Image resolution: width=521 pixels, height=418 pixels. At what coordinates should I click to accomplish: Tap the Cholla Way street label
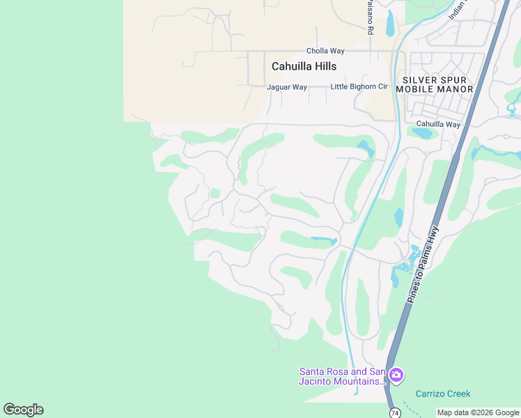[x=326, y=51]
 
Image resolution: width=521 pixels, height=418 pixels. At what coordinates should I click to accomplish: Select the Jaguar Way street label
[x=287, y=87]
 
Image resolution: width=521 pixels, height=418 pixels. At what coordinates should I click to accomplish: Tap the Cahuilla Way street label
[x=438, y=125]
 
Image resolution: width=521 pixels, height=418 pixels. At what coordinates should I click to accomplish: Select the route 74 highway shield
[x=395, y=412]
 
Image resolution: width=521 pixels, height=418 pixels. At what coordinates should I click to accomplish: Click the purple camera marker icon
[x=396, y=376]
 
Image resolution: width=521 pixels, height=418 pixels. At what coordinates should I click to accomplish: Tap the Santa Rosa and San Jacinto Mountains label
[x=341, y=376]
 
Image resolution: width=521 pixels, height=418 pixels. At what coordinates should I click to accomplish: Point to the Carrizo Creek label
[x=443, y=394]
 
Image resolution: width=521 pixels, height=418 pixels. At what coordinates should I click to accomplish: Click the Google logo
[x=23, y=410]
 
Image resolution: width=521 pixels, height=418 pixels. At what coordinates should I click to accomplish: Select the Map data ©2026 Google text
[x=478, y=413]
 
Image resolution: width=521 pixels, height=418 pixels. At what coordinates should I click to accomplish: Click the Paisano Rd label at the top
[x=371, y=17]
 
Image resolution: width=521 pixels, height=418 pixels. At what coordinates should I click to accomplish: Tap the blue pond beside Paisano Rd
[x=389, y=23]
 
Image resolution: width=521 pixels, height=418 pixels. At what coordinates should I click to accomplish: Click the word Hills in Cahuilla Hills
[x=324, y=66]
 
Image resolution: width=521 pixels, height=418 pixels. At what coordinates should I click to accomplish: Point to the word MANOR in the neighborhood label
[x=455, y=89]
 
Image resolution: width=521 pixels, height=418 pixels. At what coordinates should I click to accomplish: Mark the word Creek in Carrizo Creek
[x=458, y=394]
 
